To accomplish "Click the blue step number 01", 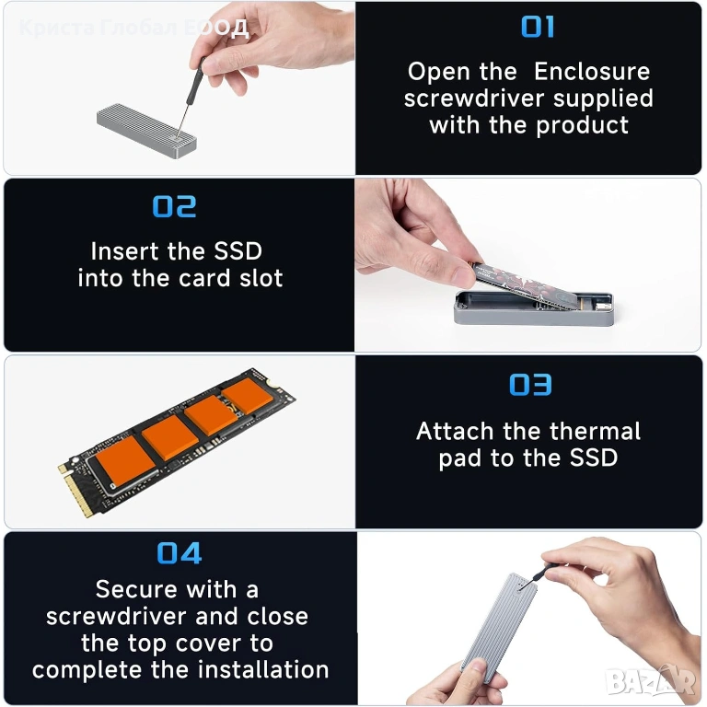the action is pos(538,27).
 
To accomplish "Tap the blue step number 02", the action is pos(175,206).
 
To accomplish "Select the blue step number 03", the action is pos(530,385).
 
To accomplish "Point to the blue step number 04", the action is pos(179,553).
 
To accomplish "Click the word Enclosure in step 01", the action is pos(592,72).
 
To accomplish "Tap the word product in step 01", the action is pos(582,125).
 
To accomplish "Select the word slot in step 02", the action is pos(261,278).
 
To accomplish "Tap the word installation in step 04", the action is pos(264,669).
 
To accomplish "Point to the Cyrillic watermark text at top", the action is pos(133,28).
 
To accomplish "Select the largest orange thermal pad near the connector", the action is pos(125,461).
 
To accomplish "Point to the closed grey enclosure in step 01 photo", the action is pos(146,131).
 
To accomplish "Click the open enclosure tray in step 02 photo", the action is pos(534,308).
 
